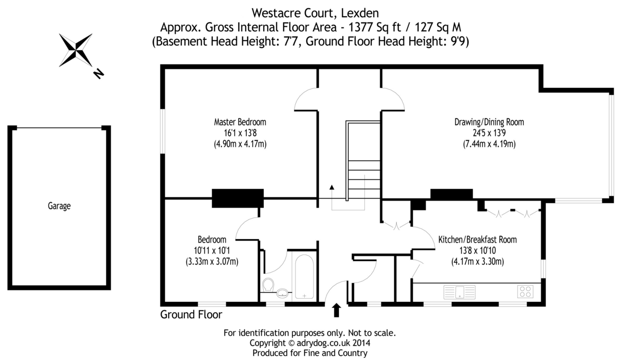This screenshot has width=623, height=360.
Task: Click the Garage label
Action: (x=59, y=206)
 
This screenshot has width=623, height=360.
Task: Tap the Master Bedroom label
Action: (x=240, y=122)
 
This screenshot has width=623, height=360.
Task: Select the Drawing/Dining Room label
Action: (x=489, y=122)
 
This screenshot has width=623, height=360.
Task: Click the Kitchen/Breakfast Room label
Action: (x=478, y=239)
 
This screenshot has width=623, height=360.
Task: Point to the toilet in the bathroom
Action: (x=268, y=285)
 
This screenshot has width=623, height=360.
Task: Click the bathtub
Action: (x=304, y=277)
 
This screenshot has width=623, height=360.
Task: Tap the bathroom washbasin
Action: (x=282, y=293)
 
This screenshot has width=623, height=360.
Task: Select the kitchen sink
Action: (x=459, y=292)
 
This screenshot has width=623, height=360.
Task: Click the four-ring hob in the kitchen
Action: (x=525, y=291)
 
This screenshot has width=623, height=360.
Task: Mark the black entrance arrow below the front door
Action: (x=336, y=310)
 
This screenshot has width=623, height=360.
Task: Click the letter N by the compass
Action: (x=99, y=74)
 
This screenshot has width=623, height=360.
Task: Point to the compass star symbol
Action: (x=75, y=50)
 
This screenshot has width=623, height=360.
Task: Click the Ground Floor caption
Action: (x=191, y=315)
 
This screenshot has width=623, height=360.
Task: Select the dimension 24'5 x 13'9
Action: (x=489, y=133)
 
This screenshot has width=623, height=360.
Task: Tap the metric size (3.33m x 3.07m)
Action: (x=212, y=262)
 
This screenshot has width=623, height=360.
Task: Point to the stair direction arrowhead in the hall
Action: (x=332, y=187)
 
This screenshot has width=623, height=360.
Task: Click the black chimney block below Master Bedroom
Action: (x=238, y=198)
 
